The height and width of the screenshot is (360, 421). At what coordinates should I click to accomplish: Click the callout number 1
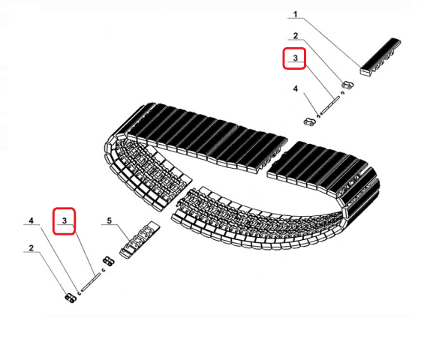tap(296, 14)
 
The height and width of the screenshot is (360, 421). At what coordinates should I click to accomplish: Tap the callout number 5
tap(110, 220)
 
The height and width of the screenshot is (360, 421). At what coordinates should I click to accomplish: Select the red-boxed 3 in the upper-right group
tap(296, 58)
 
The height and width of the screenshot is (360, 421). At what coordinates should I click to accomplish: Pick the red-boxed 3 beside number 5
tap(65, 220)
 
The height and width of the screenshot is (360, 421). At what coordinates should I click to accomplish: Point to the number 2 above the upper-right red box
tap(296, 36)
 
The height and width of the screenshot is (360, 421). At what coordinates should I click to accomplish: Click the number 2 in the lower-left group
tap(32, 247)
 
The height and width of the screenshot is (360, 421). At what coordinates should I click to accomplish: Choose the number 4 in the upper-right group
tap(296, 88)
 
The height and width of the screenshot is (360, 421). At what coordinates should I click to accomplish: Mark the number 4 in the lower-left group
tap(32, 220)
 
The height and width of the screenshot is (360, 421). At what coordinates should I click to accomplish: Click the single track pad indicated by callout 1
tap(380, 56)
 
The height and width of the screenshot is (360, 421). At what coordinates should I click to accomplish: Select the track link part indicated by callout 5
tap(140, 240)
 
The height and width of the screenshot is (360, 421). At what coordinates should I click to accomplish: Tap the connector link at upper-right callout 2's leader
tap(347, 85)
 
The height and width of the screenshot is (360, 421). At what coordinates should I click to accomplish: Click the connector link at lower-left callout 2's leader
tap(71, 298)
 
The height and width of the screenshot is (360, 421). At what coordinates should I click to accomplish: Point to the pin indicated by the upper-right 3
tap(330, 106)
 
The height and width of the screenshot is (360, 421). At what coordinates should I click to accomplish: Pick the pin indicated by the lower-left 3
tap(91, 282)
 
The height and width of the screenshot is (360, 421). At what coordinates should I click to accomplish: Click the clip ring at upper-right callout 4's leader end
tap(318, 116)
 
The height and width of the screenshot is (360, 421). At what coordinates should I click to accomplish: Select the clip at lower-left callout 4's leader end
tap(80, 293)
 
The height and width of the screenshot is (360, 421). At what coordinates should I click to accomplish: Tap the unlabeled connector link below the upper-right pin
tap(310, 121)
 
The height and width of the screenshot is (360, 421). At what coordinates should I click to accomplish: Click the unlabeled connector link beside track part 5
tap(109, 261)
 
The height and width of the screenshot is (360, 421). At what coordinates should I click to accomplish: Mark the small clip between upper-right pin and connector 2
tap(342, 93)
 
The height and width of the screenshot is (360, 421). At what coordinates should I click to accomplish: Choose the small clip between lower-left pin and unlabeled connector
tap(103, 270)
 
